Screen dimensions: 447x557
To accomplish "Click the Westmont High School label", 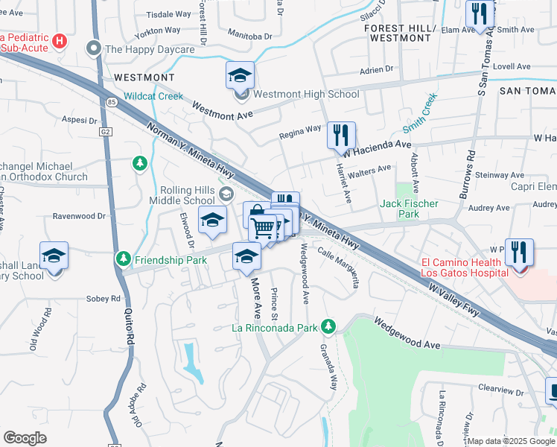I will point(306,95).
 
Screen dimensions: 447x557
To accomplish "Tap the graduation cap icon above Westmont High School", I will point(240,75).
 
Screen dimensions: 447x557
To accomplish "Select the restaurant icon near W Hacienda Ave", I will point(341,136).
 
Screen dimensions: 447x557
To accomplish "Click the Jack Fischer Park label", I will point(410,209).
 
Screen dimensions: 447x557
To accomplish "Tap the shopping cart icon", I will point(263,227).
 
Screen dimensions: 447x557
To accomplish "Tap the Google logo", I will point(25,438).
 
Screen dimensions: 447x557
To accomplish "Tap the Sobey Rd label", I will point(105,299).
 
